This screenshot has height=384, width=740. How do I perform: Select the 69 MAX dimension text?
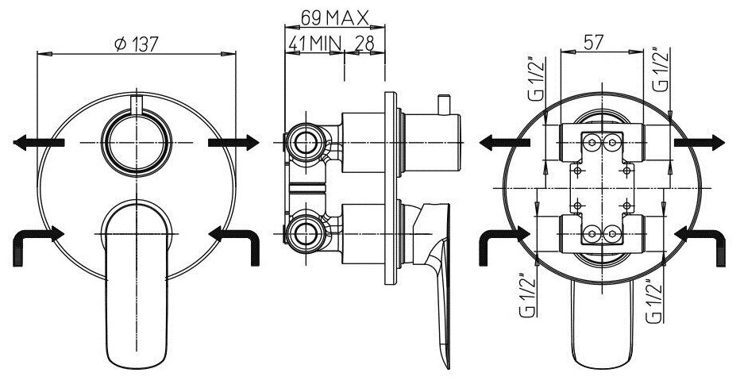click(334, 16)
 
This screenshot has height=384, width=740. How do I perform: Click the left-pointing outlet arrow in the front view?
click(38, 142)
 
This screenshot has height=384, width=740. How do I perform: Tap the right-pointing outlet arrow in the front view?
click(233, 142)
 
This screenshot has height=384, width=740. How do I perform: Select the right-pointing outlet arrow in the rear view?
click(700, 142)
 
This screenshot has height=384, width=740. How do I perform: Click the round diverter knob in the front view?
click(136, 141)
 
